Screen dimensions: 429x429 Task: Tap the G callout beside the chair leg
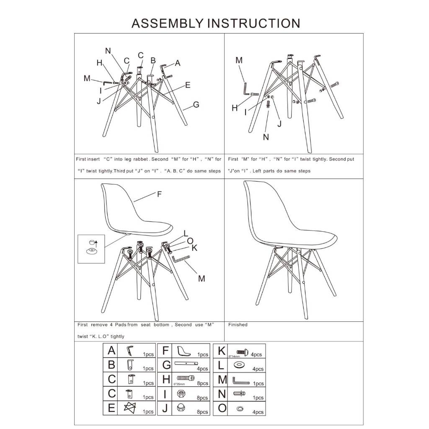(196, 105)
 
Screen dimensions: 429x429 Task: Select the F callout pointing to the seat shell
(160, 194)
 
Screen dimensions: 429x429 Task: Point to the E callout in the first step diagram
(187, 85)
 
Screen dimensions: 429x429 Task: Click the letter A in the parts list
(111, 351)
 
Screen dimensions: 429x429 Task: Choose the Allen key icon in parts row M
(241, 380)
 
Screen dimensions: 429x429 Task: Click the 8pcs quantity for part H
(203, 383)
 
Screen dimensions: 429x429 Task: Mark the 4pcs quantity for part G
(203, 369)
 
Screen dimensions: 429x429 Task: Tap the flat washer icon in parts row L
(239, 365)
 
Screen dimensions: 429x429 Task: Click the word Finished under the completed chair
(238, 325)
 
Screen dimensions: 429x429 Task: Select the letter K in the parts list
(222, 351)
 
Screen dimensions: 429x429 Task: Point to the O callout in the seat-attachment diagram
(190, 240)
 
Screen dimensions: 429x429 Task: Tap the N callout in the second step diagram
(266, 137)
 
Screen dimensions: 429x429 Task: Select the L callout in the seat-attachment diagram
(186, 233)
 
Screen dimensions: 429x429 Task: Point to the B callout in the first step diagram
(153, 60)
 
